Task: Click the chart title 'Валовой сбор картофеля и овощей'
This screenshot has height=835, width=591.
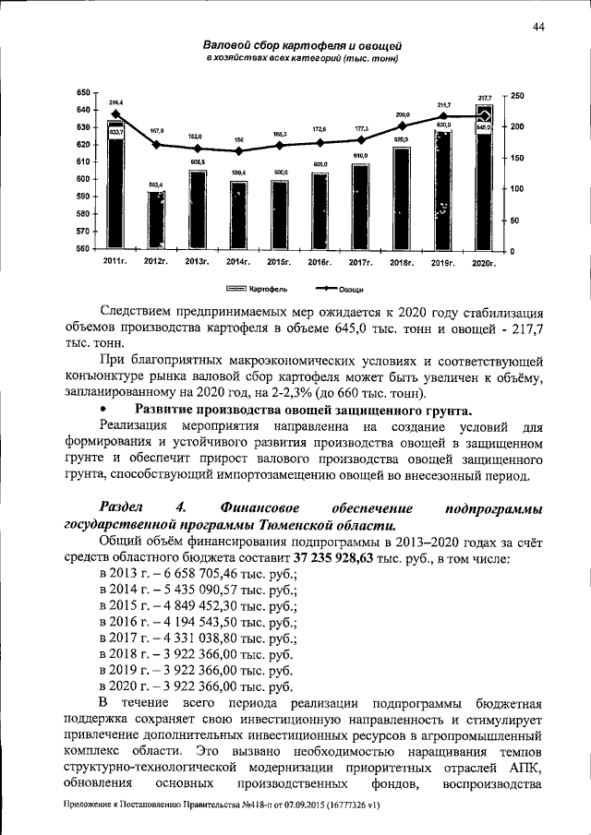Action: coord(302,45)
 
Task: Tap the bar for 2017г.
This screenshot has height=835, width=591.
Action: coord(360,208)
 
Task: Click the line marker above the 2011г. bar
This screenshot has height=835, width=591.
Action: coord(115,113)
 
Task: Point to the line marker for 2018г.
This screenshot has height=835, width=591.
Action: coord(402,125)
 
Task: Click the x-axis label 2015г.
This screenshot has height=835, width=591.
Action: coord(279,264)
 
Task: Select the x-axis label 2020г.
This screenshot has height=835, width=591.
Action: coord(483,264)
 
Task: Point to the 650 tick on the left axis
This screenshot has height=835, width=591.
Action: coord(84,93)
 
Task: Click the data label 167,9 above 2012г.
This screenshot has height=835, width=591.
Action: coord(156,131)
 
